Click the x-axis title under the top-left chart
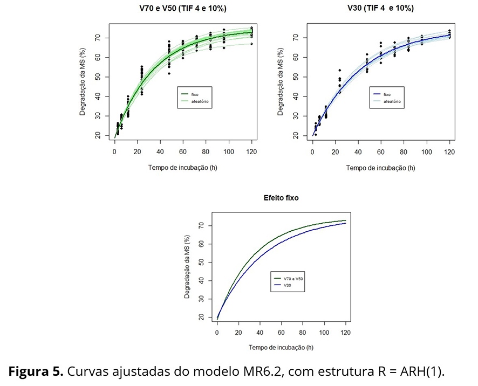(183, 168)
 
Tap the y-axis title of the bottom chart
(187, 267)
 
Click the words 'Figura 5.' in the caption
(36, 371)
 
